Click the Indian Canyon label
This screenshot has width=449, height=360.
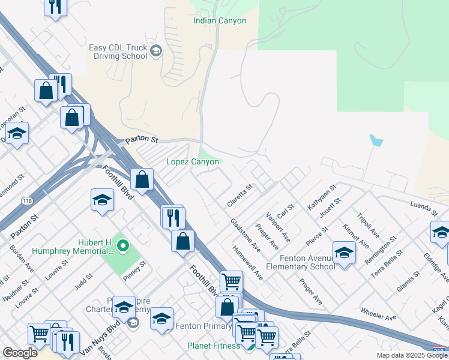click(220, 21)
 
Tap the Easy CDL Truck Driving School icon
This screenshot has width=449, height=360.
click(157, 50)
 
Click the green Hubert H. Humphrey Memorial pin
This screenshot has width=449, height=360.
click(123, 245)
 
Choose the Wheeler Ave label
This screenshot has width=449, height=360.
click(379, 313)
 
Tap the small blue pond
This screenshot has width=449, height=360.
click(376, 141)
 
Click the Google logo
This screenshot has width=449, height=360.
click(20, 353)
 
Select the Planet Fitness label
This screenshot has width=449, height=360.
click(214, 346)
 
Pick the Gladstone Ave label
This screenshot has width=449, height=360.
click(246, 235)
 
